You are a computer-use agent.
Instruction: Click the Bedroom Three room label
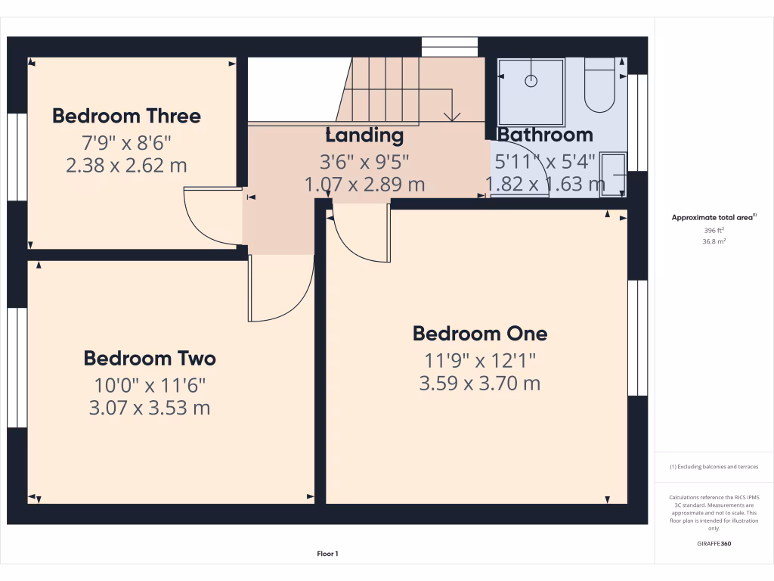tap(126, 116)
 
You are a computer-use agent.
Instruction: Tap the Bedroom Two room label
tap(150, 358)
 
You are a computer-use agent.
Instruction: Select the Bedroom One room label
tap(480, 334)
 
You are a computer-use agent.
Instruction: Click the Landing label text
tap(364, 135)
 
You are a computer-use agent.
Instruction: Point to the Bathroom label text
tap(544, 135)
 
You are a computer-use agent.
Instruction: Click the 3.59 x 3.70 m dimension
tap(480, 384)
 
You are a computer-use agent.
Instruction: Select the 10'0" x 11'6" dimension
tap(150, 384)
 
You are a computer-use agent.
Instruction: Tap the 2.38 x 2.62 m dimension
tap(126, 165)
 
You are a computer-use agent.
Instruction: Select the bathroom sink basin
tap(613, 175)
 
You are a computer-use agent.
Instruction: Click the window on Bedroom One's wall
tap(638, 337)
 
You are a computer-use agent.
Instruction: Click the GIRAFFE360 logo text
tap(714, 544)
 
